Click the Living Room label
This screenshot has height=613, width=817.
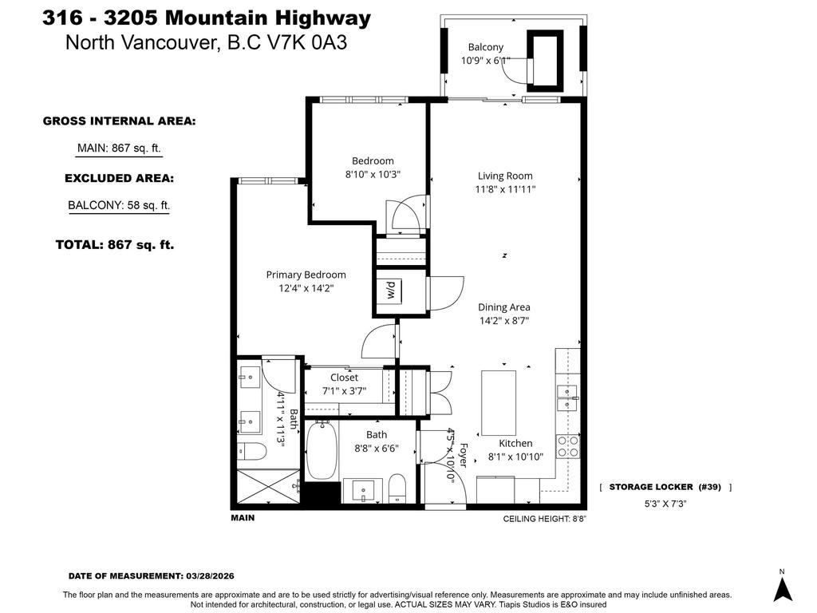[505, 176]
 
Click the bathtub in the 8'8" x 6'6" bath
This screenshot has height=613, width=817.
[322, 451]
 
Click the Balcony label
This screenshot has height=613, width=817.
[485, 47]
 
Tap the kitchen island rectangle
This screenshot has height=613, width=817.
[499, 402]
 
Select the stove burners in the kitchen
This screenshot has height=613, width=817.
[567, 446]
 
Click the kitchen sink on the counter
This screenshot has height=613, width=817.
[567, 394]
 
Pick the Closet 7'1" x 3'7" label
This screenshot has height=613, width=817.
[344, 377]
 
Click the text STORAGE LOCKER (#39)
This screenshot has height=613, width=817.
[665, 487]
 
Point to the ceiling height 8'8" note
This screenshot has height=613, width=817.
[550, 518]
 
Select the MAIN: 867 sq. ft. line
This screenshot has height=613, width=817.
[120, 148]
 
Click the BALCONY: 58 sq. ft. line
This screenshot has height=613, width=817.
[119, 205]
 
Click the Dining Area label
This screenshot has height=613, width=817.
[503, 306]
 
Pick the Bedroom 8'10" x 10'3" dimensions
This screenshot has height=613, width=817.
[373, 173]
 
